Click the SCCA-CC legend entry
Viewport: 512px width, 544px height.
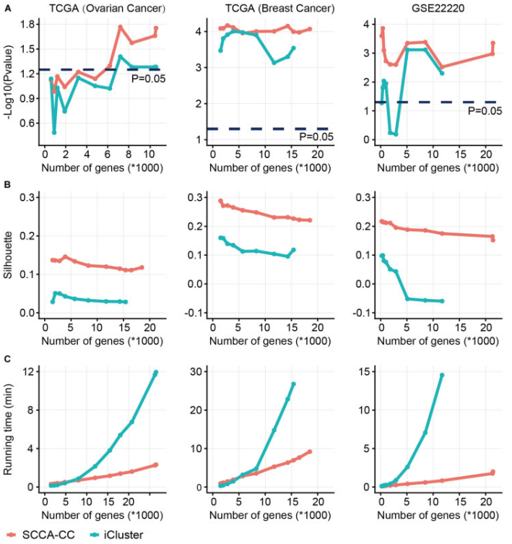pos(45,535)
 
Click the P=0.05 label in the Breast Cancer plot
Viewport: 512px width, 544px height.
pos(316,137)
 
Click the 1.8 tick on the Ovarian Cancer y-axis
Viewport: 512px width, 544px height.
pos(28,24)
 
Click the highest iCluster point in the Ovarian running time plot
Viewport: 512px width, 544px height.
pos(155,373)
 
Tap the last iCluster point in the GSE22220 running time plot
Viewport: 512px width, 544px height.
pos(441,375)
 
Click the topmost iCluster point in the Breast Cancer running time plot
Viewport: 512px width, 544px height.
pos(293,384)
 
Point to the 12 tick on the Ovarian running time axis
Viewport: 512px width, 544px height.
pos(28,371)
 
